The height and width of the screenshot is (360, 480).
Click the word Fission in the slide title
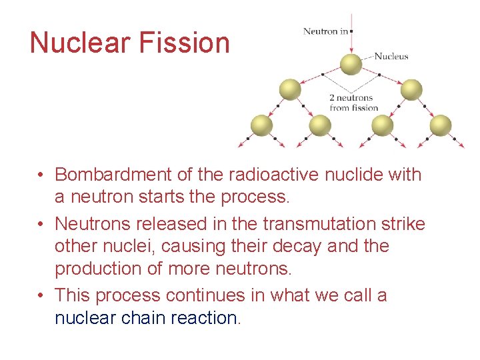click(x=185, y=43)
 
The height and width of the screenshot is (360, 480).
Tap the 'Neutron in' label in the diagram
click(x=325, y=31)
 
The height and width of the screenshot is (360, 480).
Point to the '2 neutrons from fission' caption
click(x=353, y=103)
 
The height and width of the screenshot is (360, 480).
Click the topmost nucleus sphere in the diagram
click(x=351, y=64)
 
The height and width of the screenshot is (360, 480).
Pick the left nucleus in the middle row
click(x=290, y=89)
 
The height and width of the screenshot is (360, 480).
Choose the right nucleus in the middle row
click(x=411, y=89)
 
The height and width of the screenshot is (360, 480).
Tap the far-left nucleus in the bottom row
click(x=261, y=125)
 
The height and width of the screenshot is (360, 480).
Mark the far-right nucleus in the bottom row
click(x=440, y=125)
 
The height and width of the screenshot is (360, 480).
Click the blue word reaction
click(x=203, y=318)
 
